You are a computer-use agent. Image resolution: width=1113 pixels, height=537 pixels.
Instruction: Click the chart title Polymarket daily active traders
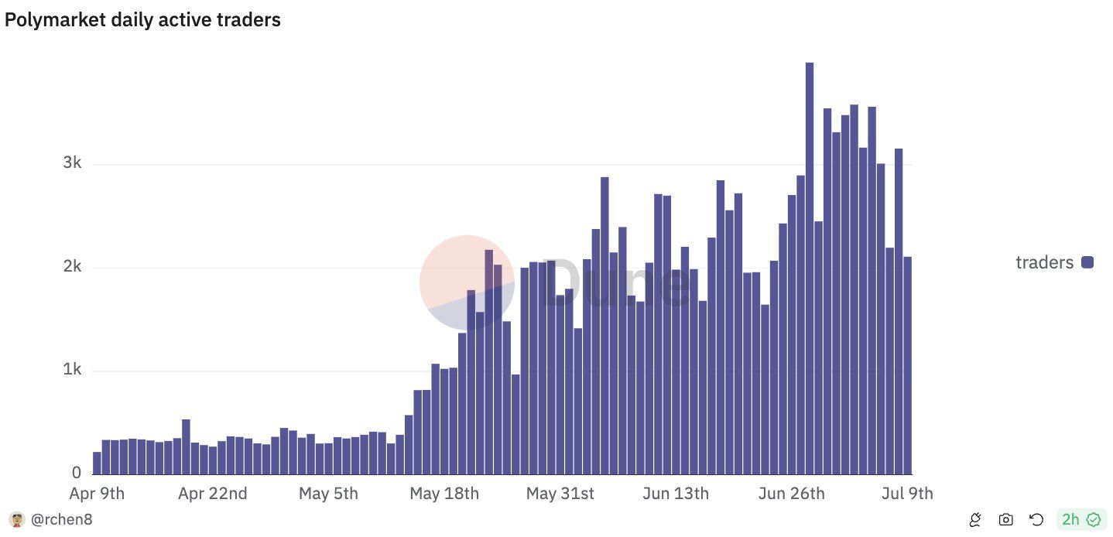(142, 21)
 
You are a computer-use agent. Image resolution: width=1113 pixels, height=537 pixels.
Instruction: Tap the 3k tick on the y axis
(72, 163)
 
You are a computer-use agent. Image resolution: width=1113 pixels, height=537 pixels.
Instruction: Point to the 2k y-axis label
(72, 267)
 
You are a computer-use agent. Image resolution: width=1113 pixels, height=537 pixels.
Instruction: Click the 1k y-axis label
(72, 370)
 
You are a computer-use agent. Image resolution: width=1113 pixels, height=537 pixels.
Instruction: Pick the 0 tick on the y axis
(77, 472)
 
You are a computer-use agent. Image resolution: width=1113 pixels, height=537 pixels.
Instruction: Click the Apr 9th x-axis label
(97, 494)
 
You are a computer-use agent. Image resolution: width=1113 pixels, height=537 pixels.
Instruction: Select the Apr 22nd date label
(213, 494)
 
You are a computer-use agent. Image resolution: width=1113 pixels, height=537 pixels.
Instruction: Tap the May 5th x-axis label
(329, 494)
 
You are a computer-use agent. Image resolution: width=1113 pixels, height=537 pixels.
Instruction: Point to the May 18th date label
(444, 494)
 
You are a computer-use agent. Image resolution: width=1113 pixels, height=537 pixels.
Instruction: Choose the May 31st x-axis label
(560, 494)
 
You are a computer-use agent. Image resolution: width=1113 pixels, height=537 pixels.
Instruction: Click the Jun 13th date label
(676, 494)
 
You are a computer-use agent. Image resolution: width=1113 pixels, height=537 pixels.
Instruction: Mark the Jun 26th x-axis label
(792, 494)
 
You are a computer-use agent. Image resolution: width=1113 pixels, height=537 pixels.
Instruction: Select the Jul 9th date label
(908, 494)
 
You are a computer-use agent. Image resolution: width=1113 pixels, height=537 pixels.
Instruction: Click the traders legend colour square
(1087, 263)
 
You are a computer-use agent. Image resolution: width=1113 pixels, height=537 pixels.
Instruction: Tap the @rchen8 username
(61, 520)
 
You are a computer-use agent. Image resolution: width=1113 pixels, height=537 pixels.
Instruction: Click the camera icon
(1005, 520)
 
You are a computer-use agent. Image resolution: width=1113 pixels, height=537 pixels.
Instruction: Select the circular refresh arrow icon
(1036, 520)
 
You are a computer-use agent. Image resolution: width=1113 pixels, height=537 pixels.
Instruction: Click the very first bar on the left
(97, 463)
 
